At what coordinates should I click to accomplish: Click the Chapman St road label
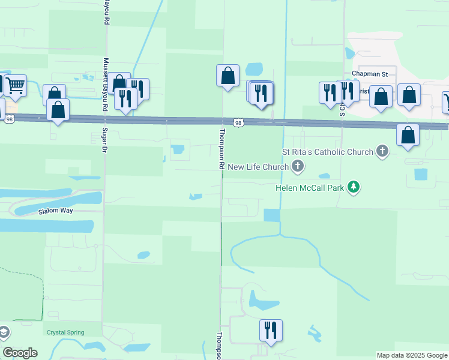[370, 74]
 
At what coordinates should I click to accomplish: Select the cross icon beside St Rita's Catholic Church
[381, 151]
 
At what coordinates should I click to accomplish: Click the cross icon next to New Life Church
[297, 166]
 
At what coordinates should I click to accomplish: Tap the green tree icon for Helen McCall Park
[354, 187]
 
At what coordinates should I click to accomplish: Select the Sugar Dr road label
[104, 142]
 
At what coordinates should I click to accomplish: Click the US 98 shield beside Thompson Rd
[239, 123]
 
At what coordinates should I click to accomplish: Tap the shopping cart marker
[16, 86]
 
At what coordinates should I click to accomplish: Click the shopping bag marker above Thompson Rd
[228, 76]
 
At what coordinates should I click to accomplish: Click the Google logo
[19, 353]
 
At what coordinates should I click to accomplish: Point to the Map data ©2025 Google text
[412, 355]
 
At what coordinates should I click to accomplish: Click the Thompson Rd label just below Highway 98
[221, 149]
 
